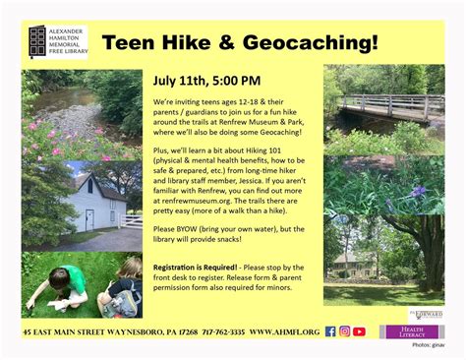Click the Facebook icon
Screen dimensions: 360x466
pos(330,331)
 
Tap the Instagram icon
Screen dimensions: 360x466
pos(345,331)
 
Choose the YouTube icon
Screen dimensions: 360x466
pos(360,331)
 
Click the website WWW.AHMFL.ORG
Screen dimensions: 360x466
pos(284,332)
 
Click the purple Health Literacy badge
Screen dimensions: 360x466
pos(412,331)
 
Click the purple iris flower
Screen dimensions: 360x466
pos(418,191)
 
